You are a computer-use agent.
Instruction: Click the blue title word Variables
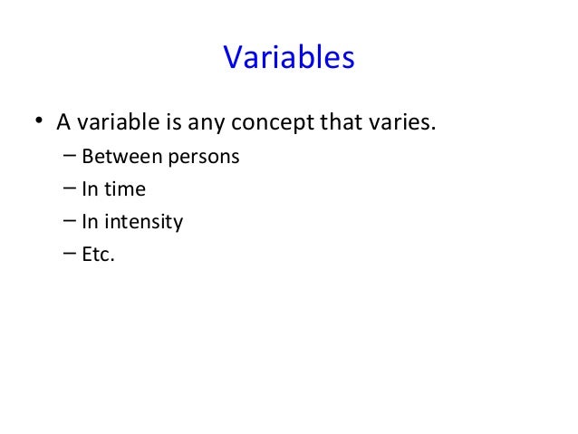288,58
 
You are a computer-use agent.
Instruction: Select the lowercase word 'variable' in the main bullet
113,121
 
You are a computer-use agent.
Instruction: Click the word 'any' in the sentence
200,122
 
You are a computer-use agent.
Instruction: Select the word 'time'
125,189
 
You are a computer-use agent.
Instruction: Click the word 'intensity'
144,223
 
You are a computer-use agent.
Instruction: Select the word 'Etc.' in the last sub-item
99,255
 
